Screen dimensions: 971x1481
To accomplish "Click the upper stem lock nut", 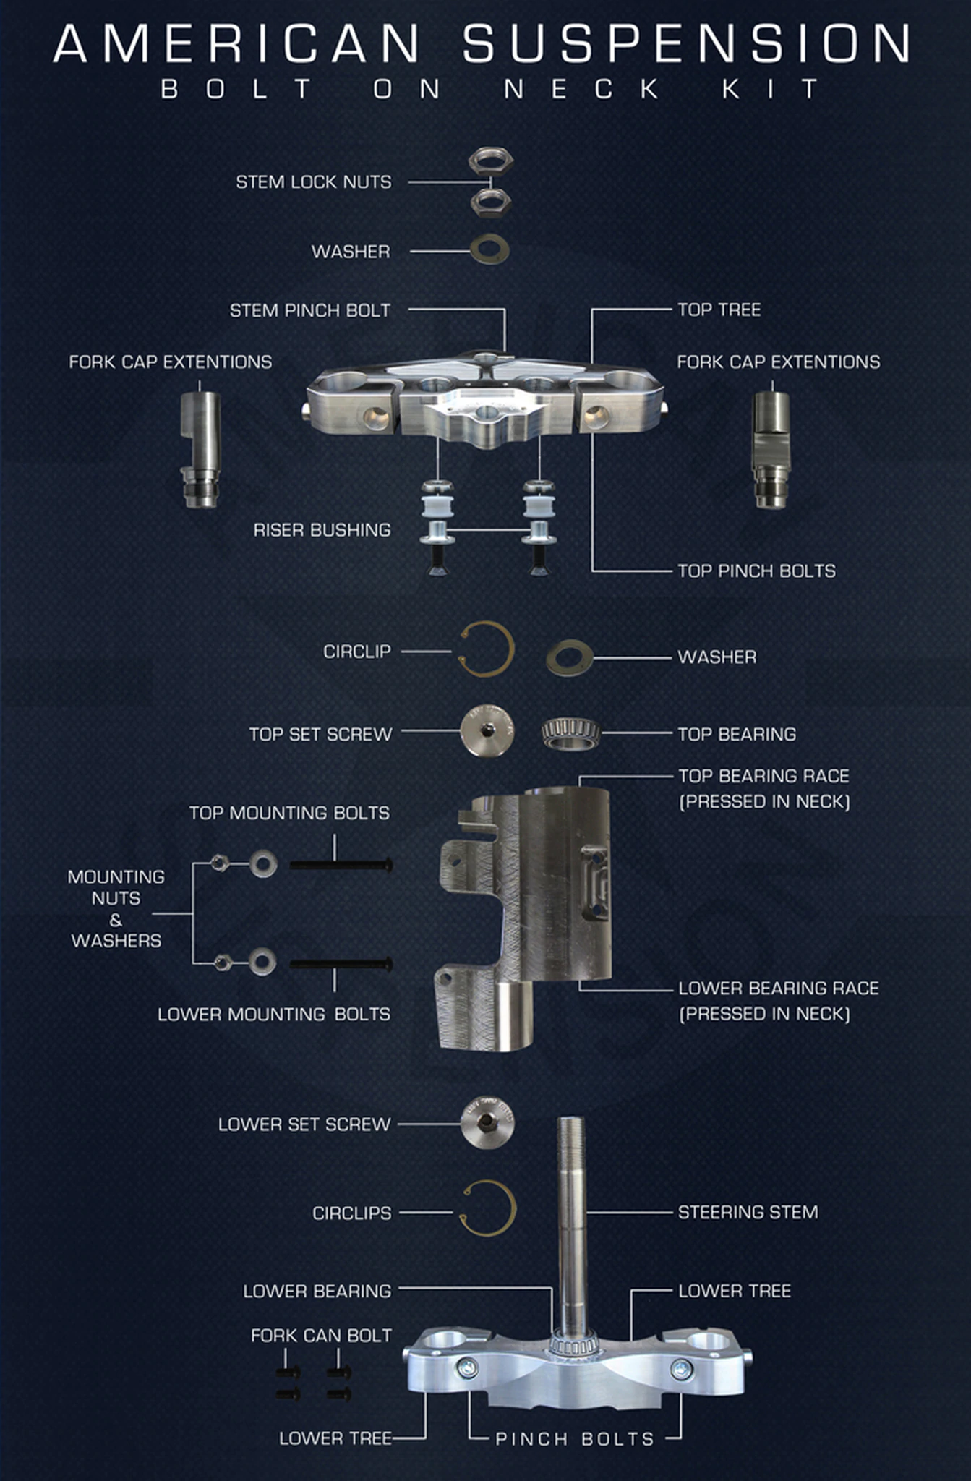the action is tap(491, 160).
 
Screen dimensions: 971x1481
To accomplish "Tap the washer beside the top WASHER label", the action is tap(489, 249).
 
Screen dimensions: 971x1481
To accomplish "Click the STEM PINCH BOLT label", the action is tap(310, 310).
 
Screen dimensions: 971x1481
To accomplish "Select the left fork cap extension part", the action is tap(200, 448).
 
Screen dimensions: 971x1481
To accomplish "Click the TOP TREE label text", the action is tap(719, 310).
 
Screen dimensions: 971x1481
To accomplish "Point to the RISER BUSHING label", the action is tap(322, 530).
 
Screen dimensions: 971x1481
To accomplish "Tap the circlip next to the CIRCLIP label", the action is tap(488, 649).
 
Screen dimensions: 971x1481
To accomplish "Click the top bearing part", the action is tap(570, 734).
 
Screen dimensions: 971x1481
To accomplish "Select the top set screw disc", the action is tap(488, 730).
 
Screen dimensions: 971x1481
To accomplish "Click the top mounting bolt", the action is tap(341, 864).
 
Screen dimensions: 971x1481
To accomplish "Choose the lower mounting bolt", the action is tap(341, 964).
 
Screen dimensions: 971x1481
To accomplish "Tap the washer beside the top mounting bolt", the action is tap(263, 863).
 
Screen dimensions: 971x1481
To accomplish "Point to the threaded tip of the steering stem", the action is tap(571, 1128).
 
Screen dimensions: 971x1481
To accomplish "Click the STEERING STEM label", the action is tap(748, 1212).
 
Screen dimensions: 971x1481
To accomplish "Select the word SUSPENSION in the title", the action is tap(687, 43).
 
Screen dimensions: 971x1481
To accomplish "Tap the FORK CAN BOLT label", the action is tap(321, 1335).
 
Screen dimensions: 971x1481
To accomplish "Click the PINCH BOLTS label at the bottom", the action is tap(575, 1439).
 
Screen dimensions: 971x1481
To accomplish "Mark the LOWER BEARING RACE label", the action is tap(779, 1001).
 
